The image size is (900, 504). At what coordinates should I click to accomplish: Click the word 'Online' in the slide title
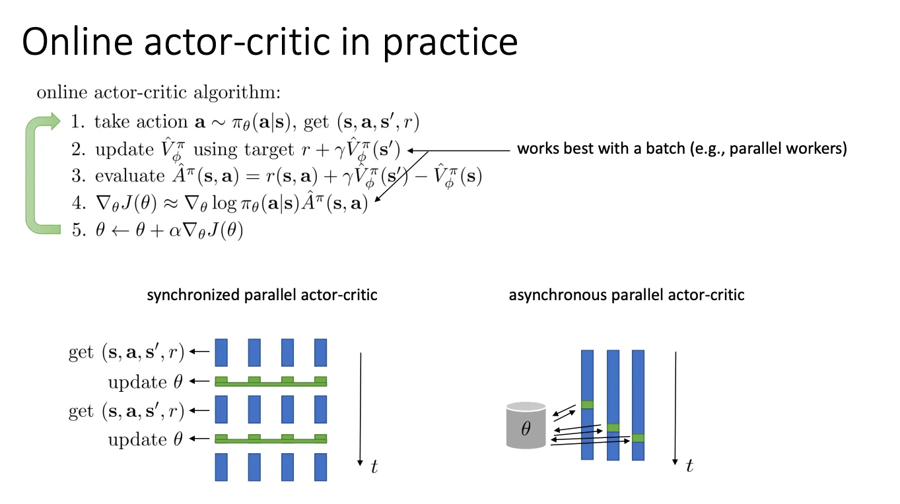[x=77, y=42]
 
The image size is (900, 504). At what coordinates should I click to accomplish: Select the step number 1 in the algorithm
[x=77, y=121]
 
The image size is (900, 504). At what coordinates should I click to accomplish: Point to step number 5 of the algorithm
[x=78, y=230]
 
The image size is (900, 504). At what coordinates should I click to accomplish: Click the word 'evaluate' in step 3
[x=130, y=175]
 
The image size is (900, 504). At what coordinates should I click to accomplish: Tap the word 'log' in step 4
[x=225, y=203]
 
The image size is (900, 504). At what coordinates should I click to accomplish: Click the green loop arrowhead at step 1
[x=55, y=121]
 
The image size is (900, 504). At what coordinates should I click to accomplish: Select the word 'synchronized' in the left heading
[x=193, y=296]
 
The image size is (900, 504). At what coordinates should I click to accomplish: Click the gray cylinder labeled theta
[x=526, y=425]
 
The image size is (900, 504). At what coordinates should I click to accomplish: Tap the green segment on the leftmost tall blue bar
[x=587, y=404]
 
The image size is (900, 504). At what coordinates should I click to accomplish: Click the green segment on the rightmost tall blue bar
[x=638, y=438]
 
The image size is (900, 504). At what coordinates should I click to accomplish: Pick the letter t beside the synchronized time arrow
[x=374, y=466]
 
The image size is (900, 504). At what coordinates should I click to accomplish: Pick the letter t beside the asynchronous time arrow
[x=689, y=466]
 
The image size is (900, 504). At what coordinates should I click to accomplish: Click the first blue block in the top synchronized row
[x=221, y=353]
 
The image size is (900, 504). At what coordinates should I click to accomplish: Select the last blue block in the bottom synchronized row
[x=321, y=467]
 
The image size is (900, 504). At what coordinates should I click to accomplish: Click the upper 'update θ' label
[x=145, y=381]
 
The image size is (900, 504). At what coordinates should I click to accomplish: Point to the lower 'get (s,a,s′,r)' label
[x=126, y=411]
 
